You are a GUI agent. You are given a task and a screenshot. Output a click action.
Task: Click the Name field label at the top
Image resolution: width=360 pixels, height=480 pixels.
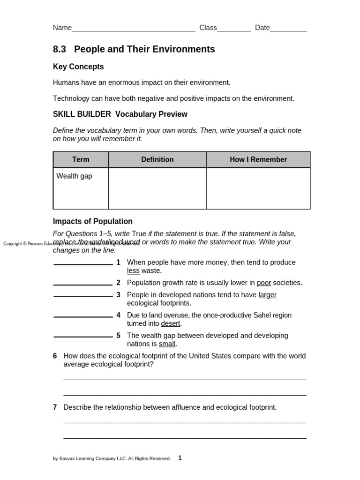[x=62, y=28]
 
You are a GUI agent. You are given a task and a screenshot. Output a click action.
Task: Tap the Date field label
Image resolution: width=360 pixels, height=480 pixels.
[x=262, y=28]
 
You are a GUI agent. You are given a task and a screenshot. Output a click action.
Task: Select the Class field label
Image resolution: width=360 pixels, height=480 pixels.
[x=208, y=28]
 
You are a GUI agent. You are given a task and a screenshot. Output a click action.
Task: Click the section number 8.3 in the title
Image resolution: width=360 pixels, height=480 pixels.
[x=60, y=49]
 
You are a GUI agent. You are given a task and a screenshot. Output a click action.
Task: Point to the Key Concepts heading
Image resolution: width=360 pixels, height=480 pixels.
[x=78, y=67]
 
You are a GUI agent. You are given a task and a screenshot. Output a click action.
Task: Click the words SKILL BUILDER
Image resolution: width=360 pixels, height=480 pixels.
[x=82, y=114]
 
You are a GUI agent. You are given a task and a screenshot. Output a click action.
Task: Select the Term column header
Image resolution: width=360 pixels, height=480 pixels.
[x=81, y=159]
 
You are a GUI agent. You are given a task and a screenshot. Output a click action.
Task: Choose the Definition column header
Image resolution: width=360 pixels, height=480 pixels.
[x=157, y=159]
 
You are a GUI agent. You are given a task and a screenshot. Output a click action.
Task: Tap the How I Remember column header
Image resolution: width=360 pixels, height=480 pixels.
[x=258, y=159]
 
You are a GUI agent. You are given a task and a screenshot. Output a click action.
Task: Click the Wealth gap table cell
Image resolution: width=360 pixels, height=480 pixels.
[x=75, y=176]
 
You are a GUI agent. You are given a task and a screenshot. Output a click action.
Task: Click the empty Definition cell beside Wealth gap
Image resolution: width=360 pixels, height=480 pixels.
[x=157, y=188]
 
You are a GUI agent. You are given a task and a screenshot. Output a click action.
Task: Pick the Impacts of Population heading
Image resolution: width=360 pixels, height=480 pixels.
[x=93, y=221]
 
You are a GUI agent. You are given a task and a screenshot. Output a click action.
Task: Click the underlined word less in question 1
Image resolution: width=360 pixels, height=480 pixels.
[x=133, y=271]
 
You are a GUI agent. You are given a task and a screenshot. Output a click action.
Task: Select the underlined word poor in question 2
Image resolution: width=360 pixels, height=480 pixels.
[x=264, y=283]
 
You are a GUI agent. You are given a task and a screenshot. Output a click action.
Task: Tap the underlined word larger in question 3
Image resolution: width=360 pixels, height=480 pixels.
[x=268, y=295]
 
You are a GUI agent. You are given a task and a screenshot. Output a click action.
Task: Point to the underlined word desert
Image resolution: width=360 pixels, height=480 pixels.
[x=171, y=323]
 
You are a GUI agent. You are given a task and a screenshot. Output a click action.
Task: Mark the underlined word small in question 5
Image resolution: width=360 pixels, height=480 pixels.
[x=167, y=344]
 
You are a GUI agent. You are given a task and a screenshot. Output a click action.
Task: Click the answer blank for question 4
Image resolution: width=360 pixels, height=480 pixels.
[x=83, y=316]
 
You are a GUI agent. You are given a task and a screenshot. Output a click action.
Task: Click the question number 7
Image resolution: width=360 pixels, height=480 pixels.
[x=55, y=407]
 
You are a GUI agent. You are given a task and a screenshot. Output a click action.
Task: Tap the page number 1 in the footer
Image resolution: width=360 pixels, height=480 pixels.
[x=180, y=458]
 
